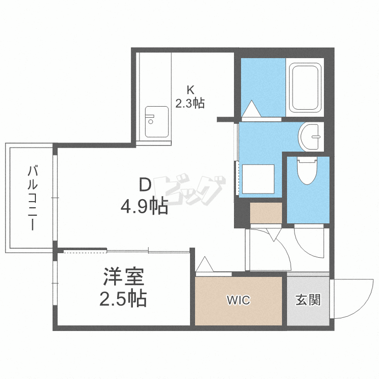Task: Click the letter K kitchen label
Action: point(190,90)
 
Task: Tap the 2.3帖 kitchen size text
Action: point(190,104)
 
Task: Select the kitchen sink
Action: point(157,121)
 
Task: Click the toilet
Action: point(307,172)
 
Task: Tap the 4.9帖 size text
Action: point(144,206)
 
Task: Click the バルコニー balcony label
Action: point(32,198)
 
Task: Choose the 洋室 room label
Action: point(124,277)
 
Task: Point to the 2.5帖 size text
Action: point(123,299)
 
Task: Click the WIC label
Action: point(238,301)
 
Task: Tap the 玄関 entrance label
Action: point(307,300)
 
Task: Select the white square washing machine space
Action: point(257,180)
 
